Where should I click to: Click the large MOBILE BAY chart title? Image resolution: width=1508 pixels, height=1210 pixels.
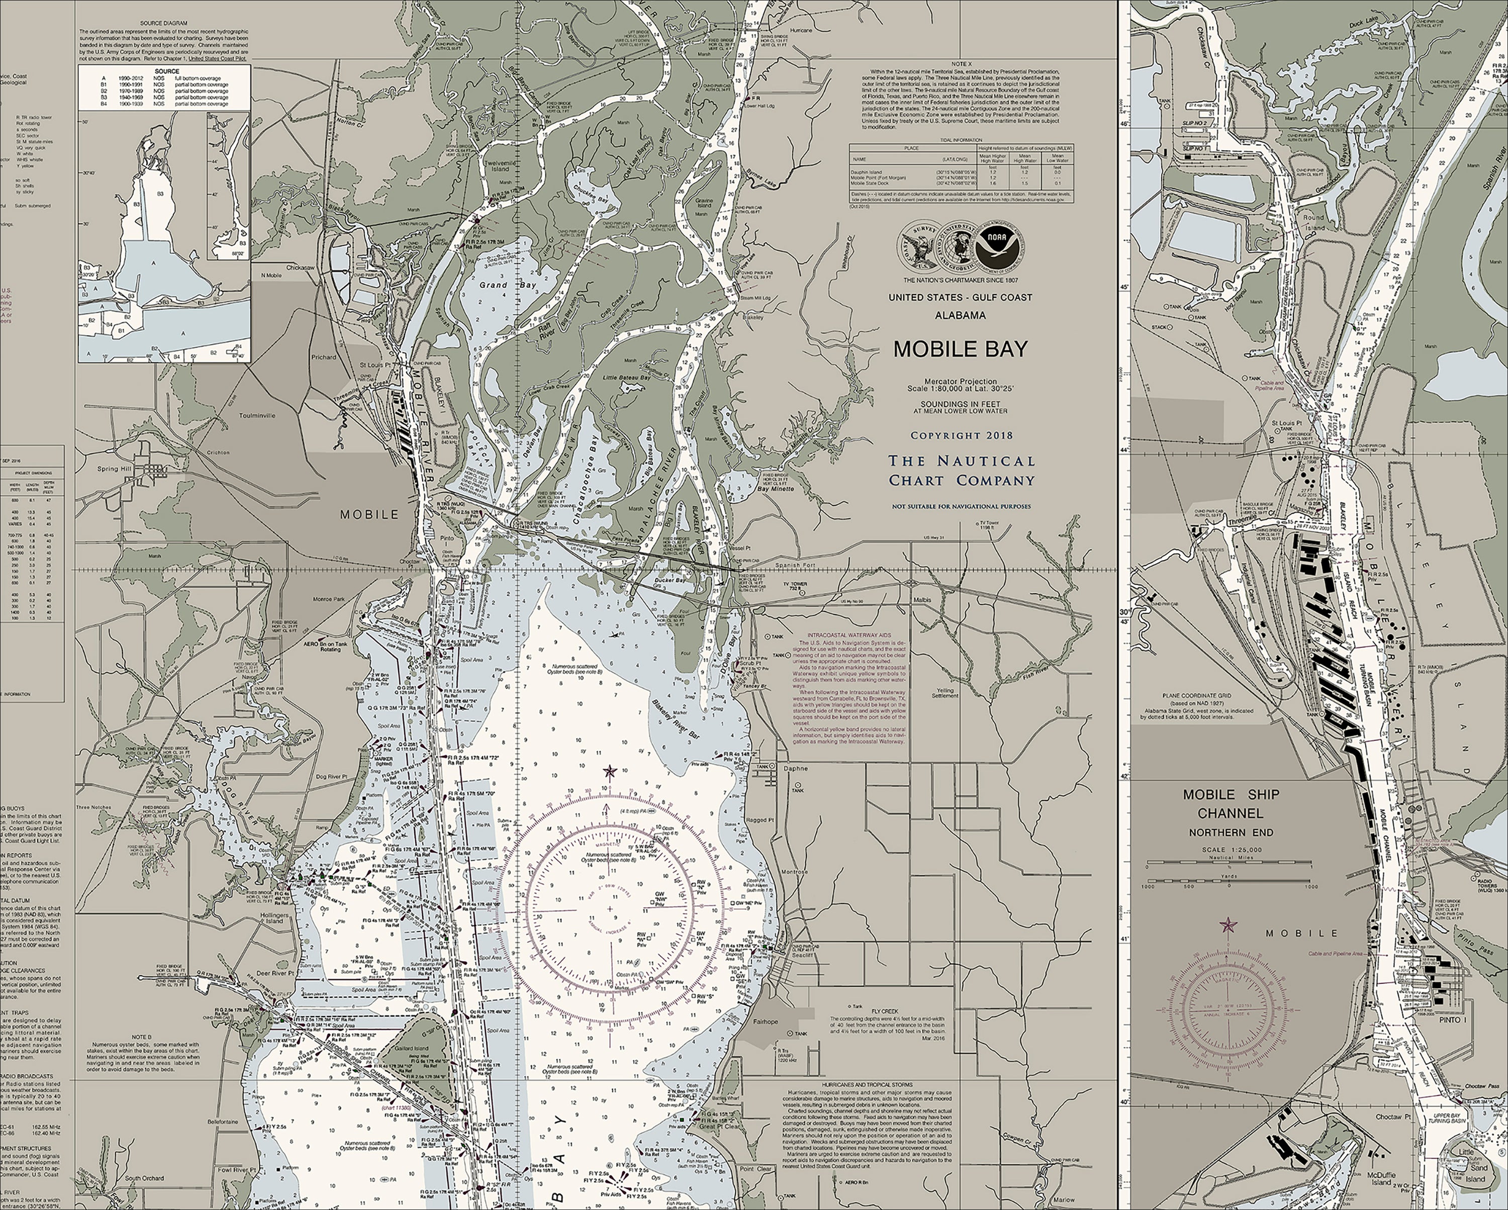coord(960,349)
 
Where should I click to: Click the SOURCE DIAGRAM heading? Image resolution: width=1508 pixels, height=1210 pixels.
coord(164,23)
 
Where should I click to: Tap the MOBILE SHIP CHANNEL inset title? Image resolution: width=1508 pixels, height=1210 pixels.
coord(1231,804)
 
